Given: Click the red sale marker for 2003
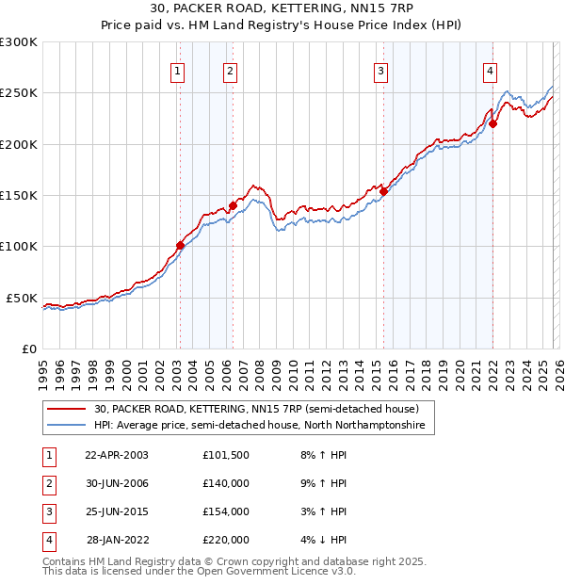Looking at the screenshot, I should click(x=180, y=245).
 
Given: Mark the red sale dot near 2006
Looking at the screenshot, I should click(x=233, y=205).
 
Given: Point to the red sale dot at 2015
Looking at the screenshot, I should click(x=383, y=191).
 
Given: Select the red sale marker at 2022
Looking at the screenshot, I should click(x=492, y=123).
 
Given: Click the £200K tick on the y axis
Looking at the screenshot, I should click(x=19, y=144).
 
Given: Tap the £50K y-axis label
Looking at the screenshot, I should click(x=22, y=298).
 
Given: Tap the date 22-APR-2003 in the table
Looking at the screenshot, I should click(x=117, y=455).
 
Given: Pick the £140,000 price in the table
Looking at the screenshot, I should click(x=226, y=483).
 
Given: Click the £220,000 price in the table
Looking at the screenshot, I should click(x=226, y=540).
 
